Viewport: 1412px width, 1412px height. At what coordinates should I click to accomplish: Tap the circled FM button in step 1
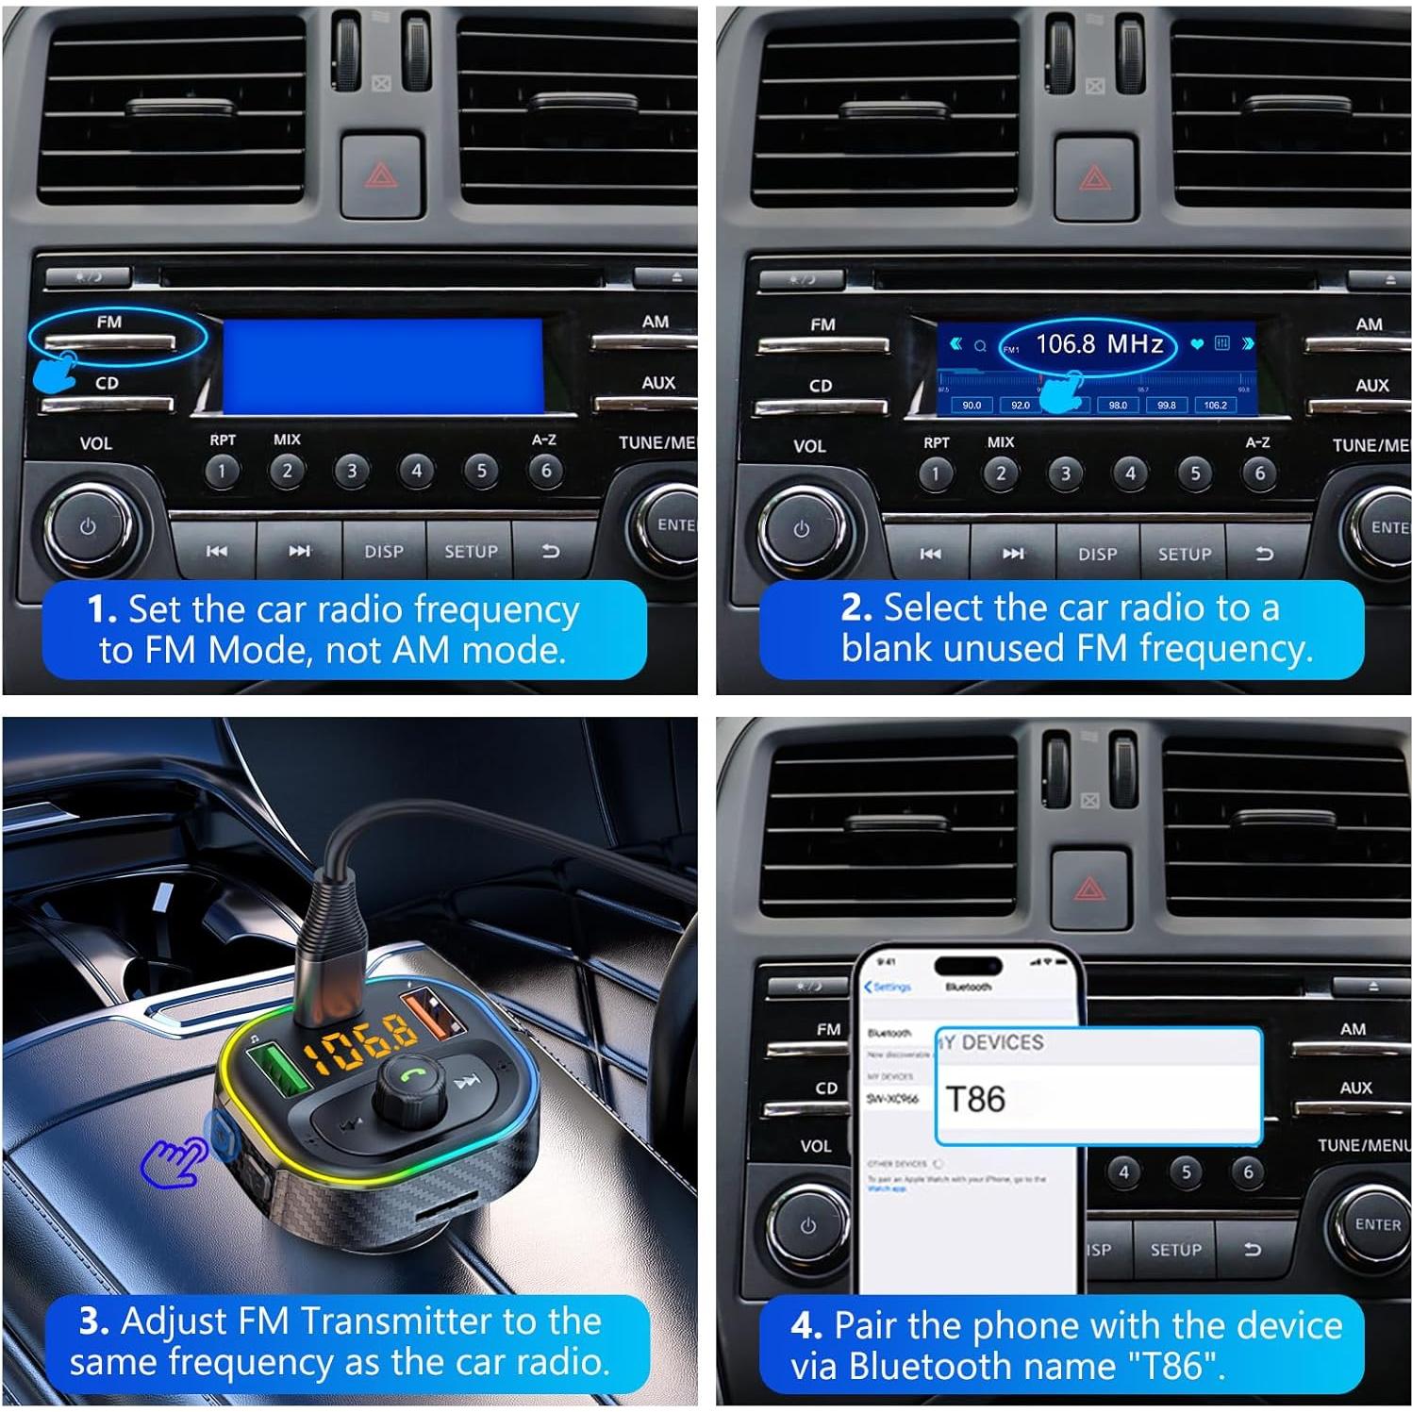tap(108, 341)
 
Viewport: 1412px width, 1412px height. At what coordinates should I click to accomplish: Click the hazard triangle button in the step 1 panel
tap(381, 174)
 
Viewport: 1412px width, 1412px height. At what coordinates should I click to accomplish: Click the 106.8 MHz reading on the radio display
tap(1098, 344)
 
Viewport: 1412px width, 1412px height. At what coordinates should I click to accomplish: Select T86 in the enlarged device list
tap(976, 1099)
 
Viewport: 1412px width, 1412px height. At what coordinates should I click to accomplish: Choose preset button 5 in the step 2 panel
tap(1195, 473)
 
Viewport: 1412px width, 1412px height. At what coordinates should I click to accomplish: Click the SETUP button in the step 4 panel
tap(1175, 1250)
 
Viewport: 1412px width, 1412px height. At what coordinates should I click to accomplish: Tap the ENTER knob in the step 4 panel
tap(1376, 1224)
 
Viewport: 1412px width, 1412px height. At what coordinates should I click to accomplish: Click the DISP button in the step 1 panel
tap(384, 552)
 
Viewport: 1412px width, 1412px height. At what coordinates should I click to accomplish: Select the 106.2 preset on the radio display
tap(1215, 405)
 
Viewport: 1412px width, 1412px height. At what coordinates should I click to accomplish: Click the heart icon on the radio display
tap(1197, 344)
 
